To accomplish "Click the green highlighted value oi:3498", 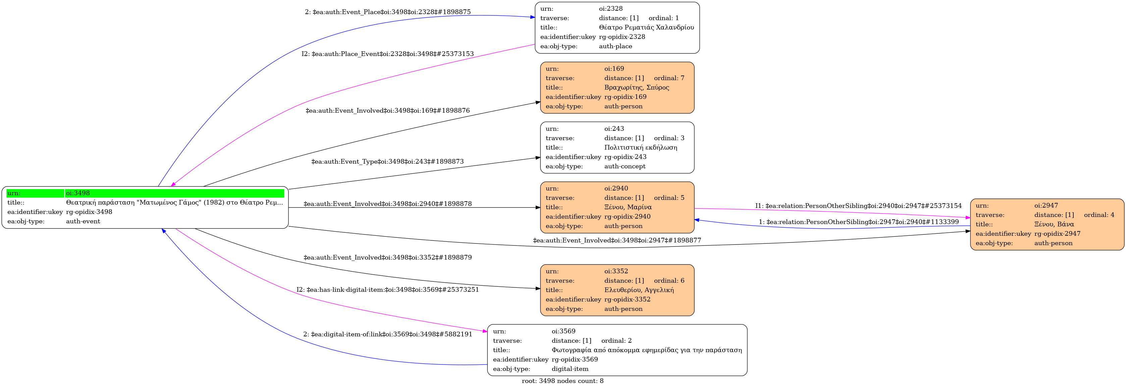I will [x=78, y=193].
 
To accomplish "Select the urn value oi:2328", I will [x=611, y=9].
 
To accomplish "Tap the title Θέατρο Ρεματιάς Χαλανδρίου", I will [x=646, y=27].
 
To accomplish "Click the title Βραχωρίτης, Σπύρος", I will [x=636, y=88].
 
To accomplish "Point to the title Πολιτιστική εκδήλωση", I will [x=640, y=148].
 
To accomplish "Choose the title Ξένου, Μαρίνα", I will [x=628, y=207].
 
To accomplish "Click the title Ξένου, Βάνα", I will [x=1054, y=224].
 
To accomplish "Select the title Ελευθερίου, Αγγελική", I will [x=639, y=290].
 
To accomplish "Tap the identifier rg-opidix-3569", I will [x=574, y=359].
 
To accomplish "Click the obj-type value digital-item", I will [x=570, y=369].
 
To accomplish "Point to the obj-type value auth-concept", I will [x=625, y=166].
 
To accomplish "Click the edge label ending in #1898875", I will [x=387, y=12].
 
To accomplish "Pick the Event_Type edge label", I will [x=387, y=162].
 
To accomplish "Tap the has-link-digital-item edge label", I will [x=387, y=290].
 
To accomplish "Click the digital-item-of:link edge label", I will [x=387, y=334].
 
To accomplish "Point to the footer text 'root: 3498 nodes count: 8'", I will [x=562, y=381].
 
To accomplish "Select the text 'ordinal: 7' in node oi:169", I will [x=669, y=78].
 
